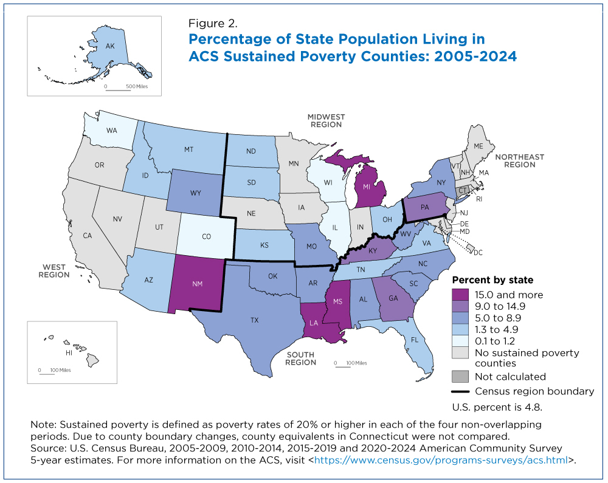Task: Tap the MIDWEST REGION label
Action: pyautogui.click(x=326, y=120)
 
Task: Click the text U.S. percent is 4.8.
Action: pyautogui.click(x=497, y=406)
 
